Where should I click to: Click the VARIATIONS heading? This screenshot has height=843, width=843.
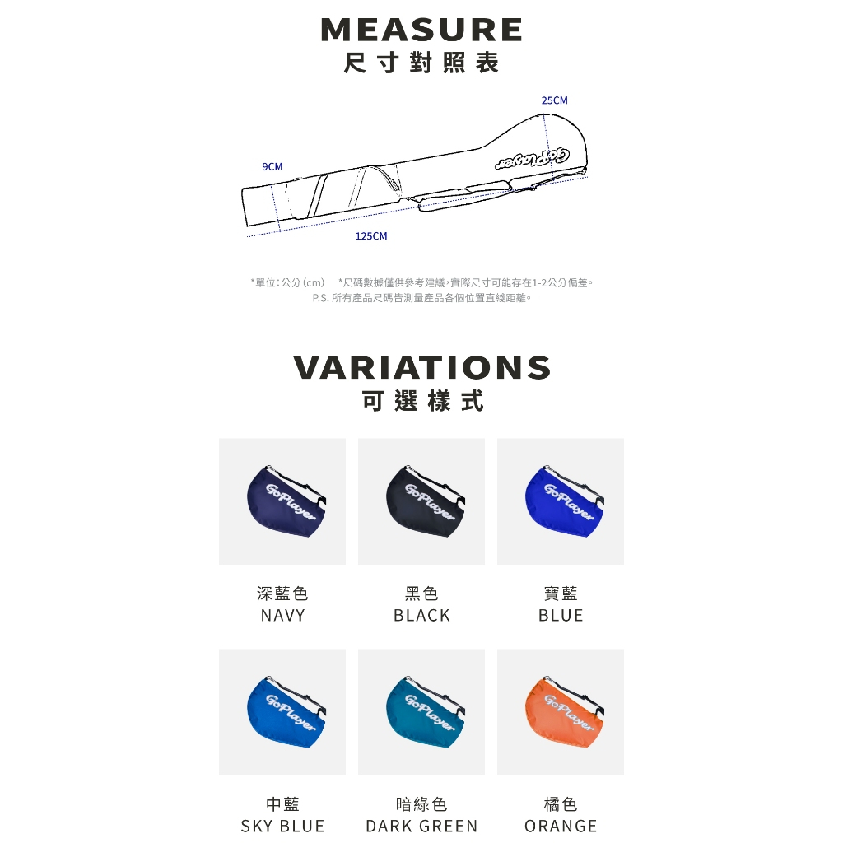tap(422, 367)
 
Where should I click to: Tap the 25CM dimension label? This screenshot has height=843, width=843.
tap(554, 100)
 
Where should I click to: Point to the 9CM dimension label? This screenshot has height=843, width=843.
tap(272, 166)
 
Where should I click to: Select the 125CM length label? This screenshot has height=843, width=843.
tap(371, 236)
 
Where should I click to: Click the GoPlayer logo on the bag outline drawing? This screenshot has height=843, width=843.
tap(533, 159)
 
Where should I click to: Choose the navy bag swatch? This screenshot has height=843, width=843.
tap(282, 501)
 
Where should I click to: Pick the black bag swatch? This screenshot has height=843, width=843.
tap(421, 501)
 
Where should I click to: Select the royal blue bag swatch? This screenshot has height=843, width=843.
tap(561, 501)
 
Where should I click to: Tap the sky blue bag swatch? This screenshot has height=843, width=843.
tap(282, 712)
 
